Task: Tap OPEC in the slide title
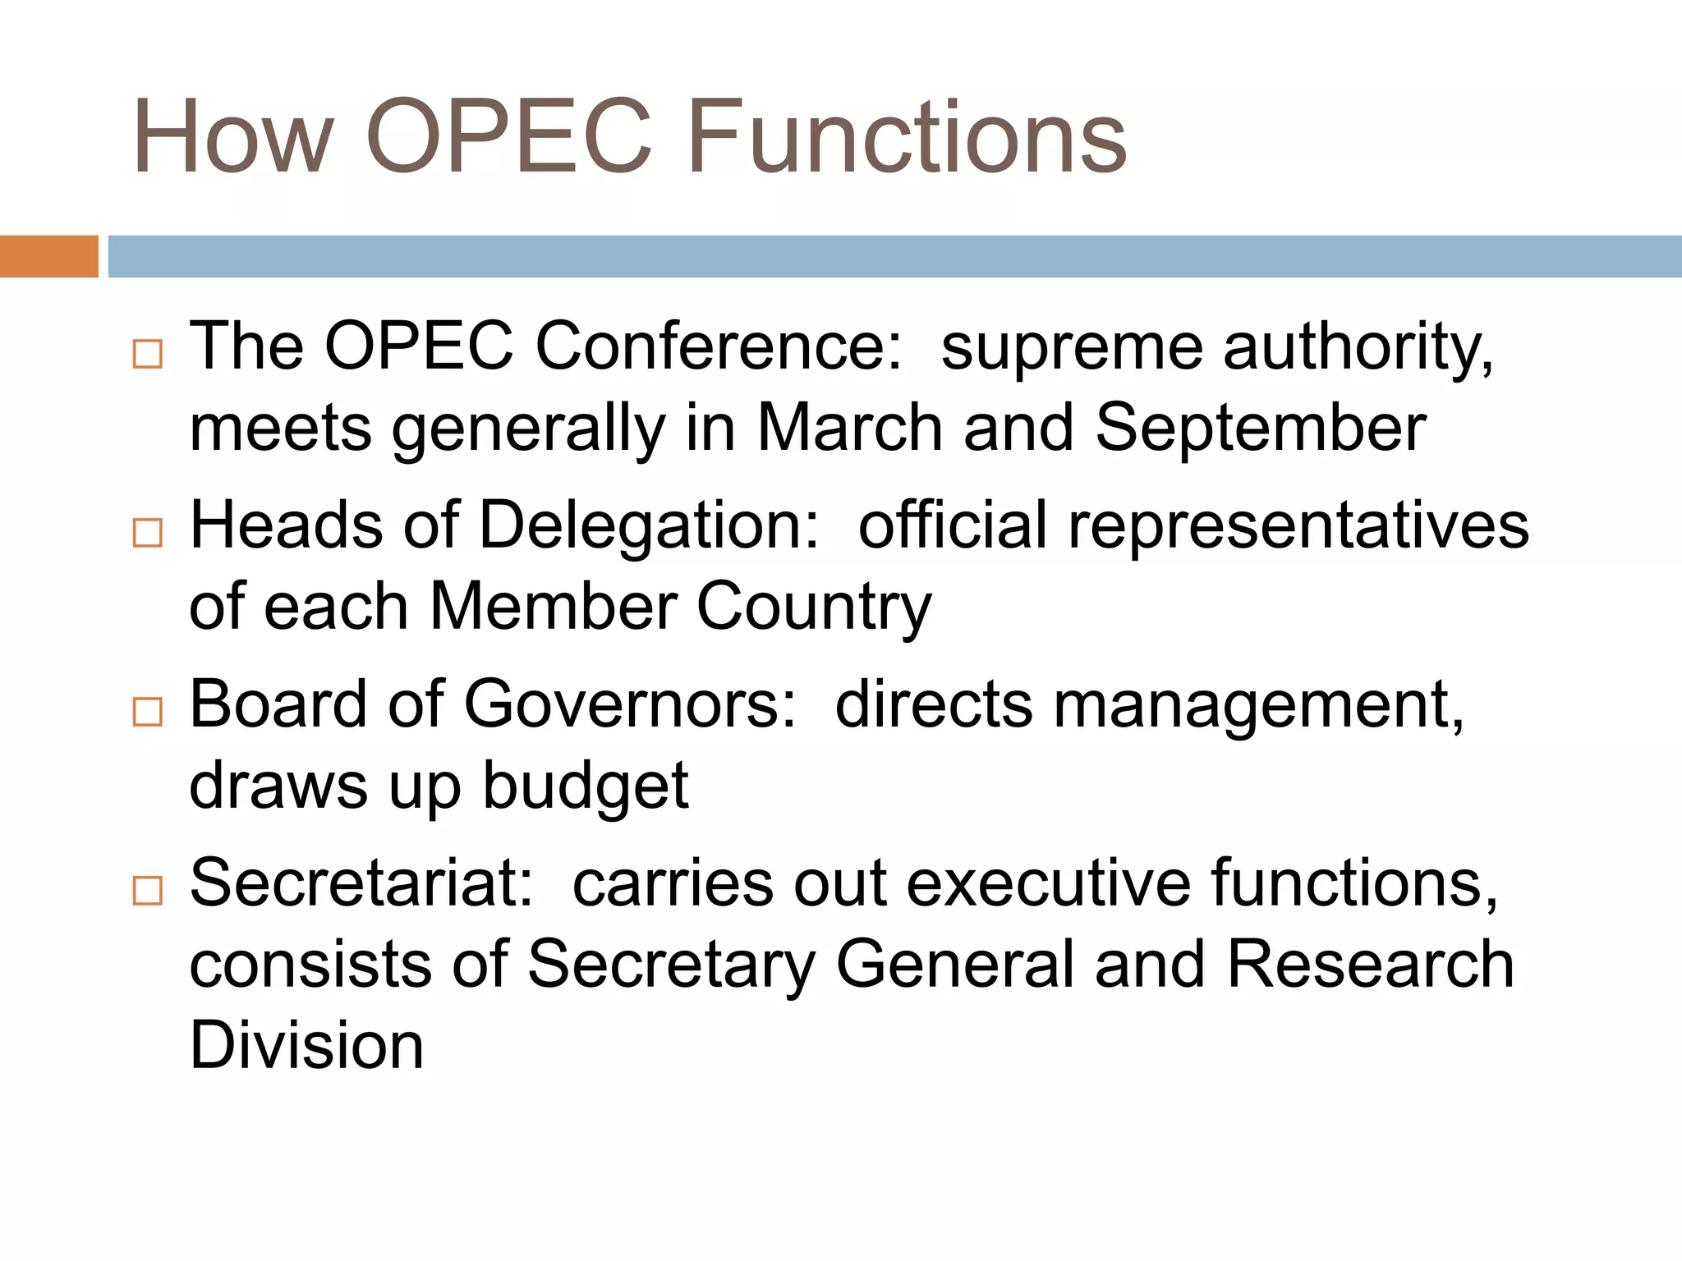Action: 508,137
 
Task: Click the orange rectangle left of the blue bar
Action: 48,256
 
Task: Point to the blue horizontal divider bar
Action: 894,256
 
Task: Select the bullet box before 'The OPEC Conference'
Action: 148,355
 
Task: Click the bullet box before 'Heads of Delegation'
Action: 148,533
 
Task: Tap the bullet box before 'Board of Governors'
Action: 148,712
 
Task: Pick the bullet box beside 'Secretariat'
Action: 148,890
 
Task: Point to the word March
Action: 849,428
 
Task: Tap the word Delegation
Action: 649,526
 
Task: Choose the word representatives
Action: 1298,526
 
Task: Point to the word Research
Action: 1371,965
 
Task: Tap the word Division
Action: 306,1046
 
